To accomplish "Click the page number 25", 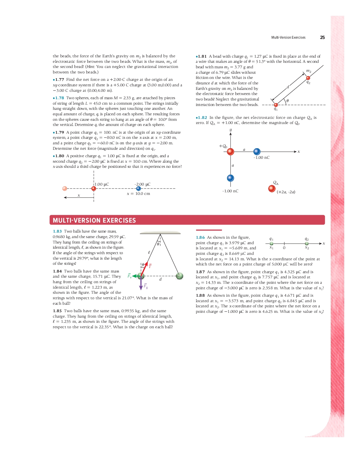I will pyautogui.click(x=322, y=38).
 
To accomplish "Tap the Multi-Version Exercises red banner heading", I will pyautogui.click(x=94, y=220).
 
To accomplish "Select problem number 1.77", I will pyautogui.click(x=59, y=80).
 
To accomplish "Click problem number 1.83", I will pyautogui.click(x=57, y=231).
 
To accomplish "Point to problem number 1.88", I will pyautogui.click(x=200, y=295).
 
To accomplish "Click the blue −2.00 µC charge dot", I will pyautogui.click(x=138, y=188).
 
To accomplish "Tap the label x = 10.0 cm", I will pyautogui.click(x=138, y=194).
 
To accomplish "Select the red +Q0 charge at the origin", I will pyautogui.click(x=231, y=152).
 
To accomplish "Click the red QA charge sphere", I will pyautogui.click(x=272, y=188).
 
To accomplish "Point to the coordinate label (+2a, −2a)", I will pyautogui.click(x=286, y=192).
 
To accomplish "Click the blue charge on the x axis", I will pyautogui.click(x=257, y=151).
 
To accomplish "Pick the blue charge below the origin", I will pyautogui.click(x=231, y=178).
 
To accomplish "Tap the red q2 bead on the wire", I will pyautogui.click(x=308, y=78).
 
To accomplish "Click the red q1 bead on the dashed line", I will pyautogui.click(x=276, y=105).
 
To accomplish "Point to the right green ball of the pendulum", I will pyautogui.click(x=180, y=276).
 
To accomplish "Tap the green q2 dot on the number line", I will pyautogui.click(x=307, y=244).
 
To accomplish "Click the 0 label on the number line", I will pyautogui.click(x=284, y=248).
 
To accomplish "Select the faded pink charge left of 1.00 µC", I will pyautogui.click(x=65, y=188).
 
